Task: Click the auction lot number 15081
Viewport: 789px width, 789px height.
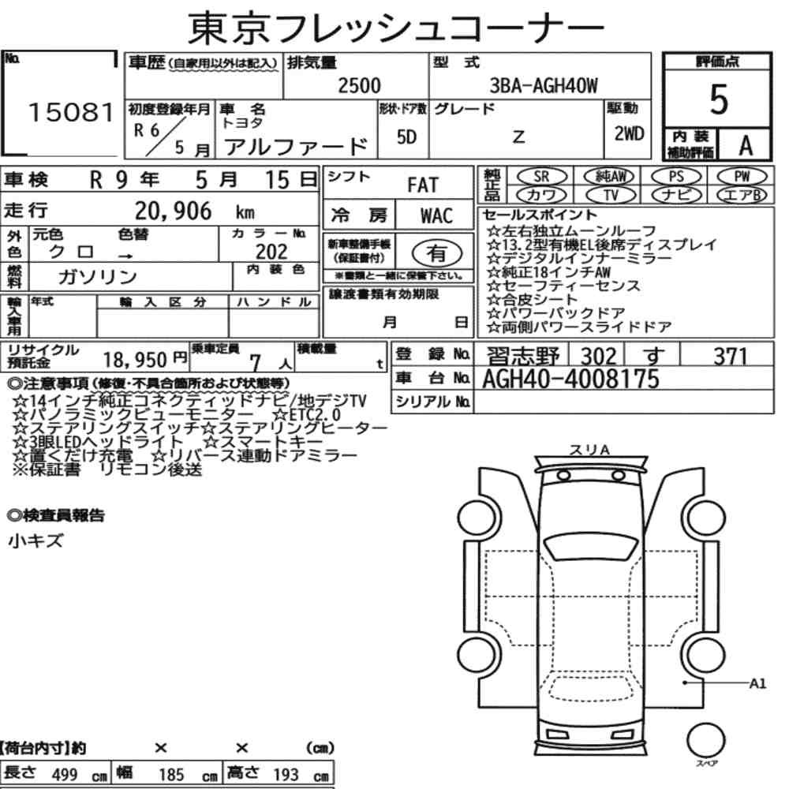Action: [71, 112]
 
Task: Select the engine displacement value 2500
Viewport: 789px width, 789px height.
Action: [359, 85]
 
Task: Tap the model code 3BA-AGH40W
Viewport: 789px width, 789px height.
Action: [544, 85]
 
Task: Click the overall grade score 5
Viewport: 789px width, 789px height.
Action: [719, 99]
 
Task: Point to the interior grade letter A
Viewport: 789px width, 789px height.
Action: [746, 146]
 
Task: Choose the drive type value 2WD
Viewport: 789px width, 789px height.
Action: [629, 133]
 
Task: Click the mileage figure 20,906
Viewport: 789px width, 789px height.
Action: [173, 211]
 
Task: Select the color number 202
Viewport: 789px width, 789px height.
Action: [271, 251]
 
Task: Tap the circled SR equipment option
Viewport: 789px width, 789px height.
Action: [541, 177]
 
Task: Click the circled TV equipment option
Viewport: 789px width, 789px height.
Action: [611, 195]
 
